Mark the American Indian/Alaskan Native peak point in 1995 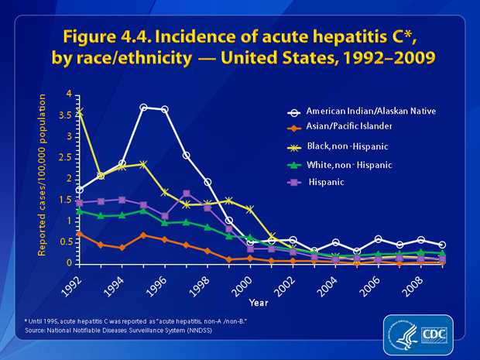pos(144,107)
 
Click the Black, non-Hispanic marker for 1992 pos(80,112)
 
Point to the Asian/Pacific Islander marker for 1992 pos(80,233)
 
